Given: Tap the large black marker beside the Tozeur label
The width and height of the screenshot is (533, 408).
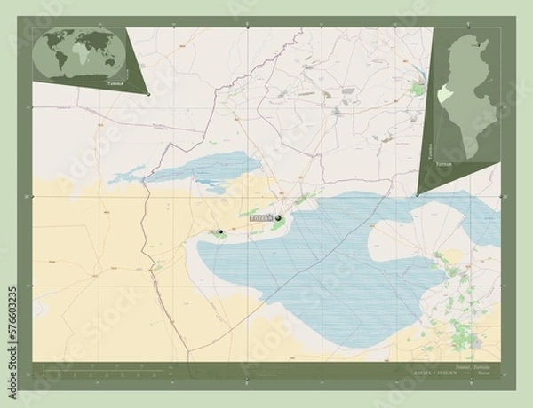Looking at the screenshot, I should click(x=278, y=217).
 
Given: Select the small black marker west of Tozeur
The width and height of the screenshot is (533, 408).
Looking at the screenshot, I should click(x=220, y=232).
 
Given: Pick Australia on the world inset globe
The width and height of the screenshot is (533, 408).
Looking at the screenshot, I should click(x=110, y=64).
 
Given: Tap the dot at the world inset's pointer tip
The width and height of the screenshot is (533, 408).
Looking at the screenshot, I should click(x=149, y=93).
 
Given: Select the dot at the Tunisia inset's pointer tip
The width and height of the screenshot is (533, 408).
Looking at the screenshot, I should click(x=417, y=192).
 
